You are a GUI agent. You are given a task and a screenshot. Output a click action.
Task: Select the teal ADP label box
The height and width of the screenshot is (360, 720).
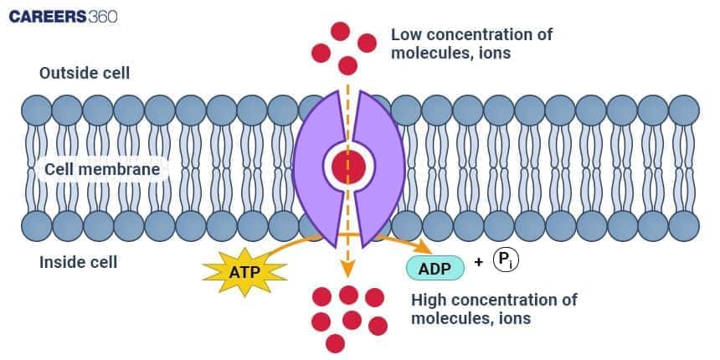[435, 267]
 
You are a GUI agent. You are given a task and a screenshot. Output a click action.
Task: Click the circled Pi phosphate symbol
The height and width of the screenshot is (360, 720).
[507, 260]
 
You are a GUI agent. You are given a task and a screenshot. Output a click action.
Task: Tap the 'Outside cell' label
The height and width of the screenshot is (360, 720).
[85, 73]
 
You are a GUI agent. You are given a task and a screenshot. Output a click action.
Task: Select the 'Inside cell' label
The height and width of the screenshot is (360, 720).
[79, 262]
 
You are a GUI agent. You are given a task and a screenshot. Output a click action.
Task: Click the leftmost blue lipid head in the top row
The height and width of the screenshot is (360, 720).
[37, 110]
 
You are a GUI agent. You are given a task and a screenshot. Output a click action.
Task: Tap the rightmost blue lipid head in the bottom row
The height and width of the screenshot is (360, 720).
[683, 224]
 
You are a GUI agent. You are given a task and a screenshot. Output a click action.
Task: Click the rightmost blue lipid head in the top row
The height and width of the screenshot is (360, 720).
[683, 110]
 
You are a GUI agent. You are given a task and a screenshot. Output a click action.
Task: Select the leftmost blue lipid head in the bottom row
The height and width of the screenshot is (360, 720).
[37, 224]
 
